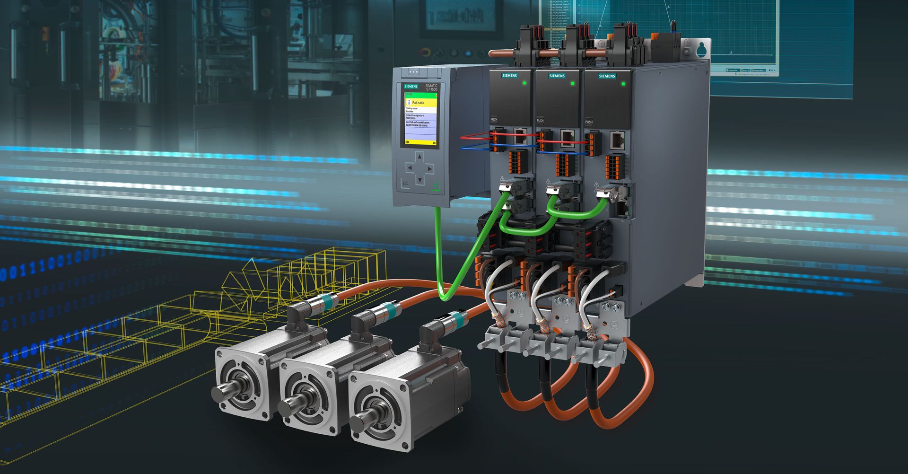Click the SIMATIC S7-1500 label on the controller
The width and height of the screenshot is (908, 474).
pos(432,88)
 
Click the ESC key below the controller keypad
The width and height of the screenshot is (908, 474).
pos(406,183)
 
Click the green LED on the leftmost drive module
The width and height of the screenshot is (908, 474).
pos(524,83)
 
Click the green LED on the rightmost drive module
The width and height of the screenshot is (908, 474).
pos(623,84)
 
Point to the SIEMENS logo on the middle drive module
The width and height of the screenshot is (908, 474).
pos(557,76)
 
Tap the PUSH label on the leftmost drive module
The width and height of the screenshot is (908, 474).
pos(494,119)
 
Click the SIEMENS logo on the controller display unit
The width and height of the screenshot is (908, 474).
pos(410,86)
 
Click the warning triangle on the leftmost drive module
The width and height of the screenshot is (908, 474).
pos(502,178)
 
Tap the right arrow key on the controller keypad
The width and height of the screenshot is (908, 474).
pos(429,168)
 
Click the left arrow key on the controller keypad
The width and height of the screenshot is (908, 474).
pos(410,167)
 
